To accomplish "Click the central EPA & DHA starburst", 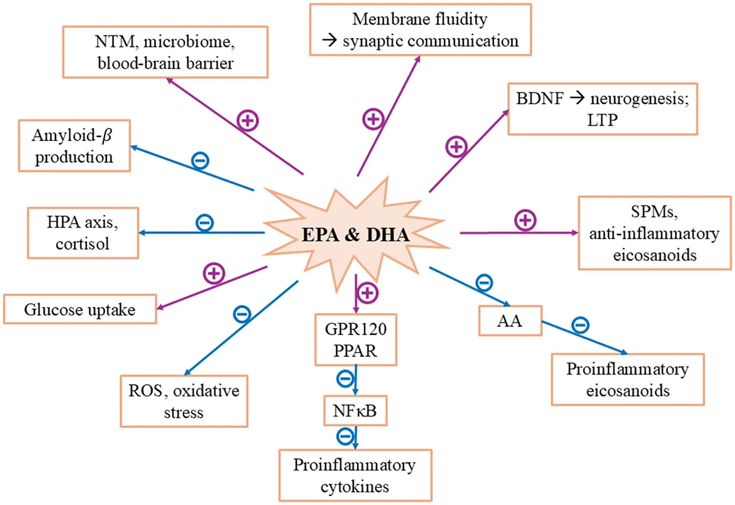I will (x=355, y=235).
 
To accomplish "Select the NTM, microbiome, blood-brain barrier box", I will (x=165, y=52).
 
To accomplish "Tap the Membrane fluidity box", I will (x=420, y=30).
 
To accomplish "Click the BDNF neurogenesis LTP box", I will (x=602, y=109).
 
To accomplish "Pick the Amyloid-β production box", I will (x=74, y=146).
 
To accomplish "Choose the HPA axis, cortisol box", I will (x=83, y=233).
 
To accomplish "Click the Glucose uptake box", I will (x=80, y=309).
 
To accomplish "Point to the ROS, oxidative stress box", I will (x=184, y=401).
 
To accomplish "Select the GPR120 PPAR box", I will (x=356, y=339).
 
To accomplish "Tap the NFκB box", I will (x=355, y=411).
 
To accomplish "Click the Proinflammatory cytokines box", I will (x=355, y=475).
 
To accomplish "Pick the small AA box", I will (x=510, y=321).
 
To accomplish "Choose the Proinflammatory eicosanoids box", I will (x=628, y=379).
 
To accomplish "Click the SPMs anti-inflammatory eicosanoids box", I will (x=655, y=233).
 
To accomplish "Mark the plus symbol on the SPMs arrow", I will (x=525, y=220).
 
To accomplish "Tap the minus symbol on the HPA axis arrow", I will (x=205, y=223).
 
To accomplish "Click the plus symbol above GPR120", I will (x=367, y=293).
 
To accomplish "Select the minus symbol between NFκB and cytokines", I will (x=345, y=436).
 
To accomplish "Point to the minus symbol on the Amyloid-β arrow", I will (x=200, y=160).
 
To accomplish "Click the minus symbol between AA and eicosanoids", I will (x=580, y=325).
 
